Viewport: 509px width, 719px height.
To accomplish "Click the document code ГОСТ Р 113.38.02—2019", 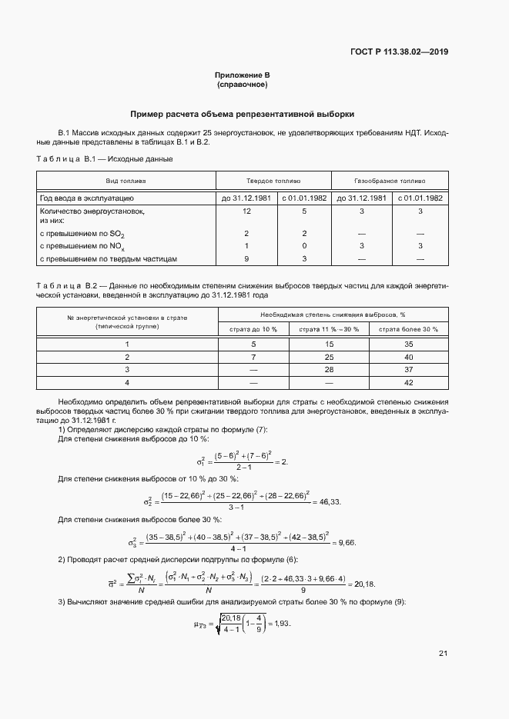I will click(x=399, y=52).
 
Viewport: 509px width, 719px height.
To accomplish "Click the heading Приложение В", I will click(x=243, y=75).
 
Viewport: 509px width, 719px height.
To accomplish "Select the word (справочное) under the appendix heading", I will click(x=243, y=84).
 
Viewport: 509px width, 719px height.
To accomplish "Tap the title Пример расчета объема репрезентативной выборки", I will click(x=243, y=114).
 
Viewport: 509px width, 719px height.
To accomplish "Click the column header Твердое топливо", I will click(x=273, y=181).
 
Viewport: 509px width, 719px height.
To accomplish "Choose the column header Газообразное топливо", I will click(x=389, y=181).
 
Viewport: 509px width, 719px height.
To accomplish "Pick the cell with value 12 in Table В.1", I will click(x=246, y=210).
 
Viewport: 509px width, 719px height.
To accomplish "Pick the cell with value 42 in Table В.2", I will click(x=409, y=382).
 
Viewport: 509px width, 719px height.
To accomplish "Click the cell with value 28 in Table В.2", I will click(x=330, y=369).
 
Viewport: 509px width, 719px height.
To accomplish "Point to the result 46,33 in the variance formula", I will click(x=329, y=501).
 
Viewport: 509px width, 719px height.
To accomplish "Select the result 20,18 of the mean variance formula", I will click(x=366, y=582).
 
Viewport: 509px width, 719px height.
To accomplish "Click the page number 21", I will click(x=443, y=654).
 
